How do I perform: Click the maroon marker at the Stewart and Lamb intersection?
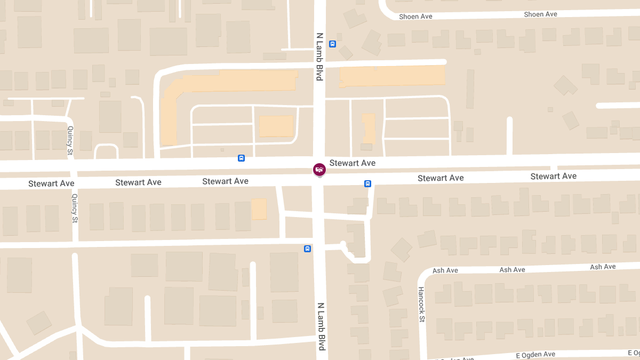tap(319, 170)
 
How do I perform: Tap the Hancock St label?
tap(421, 305)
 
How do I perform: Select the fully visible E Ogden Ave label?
tap(535, 355)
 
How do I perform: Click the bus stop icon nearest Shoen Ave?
tap(332, 44)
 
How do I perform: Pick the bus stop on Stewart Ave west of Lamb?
tap(241, 158)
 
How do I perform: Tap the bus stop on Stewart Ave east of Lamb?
tap(367, 184)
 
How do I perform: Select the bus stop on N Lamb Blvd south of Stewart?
tap(307, 249)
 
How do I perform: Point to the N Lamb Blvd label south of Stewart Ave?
tap(321, 327)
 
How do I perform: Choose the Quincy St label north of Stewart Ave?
tap(70, 140)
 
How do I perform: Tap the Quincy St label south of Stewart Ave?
tap(75, 208)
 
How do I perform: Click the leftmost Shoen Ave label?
tap(415, 17)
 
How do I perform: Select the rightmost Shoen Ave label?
tap(540, 14)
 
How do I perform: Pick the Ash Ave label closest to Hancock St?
tap(445, 271)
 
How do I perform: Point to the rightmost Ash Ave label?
tap(603, 267)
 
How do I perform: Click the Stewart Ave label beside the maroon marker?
tap(353, 163)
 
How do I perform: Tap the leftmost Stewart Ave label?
tap(51, 183)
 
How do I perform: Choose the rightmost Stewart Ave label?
tap(553, 176)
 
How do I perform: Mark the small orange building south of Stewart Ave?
tap(259, 209)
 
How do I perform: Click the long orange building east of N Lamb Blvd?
tap(393, 76)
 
